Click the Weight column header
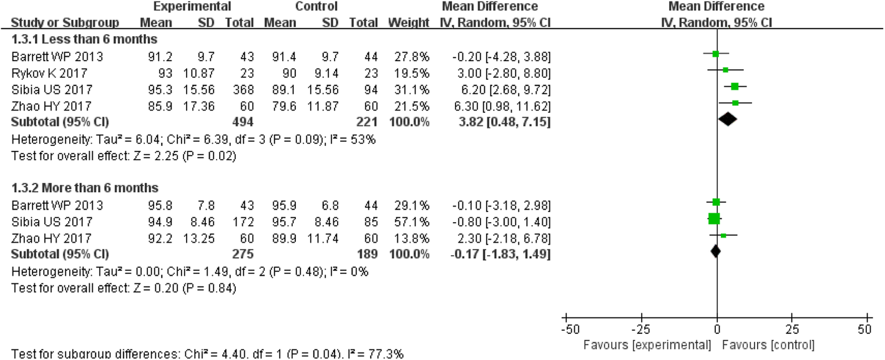(x=408, y=23)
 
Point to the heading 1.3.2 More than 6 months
(x=85, y=187)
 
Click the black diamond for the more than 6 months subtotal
(x=716, y=251)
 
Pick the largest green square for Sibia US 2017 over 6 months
(x=714, y=218)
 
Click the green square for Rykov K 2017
(x=725, y=71)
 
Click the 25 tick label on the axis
(x=791, y=329)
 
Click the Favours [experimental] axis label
(x=647, y=344)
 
